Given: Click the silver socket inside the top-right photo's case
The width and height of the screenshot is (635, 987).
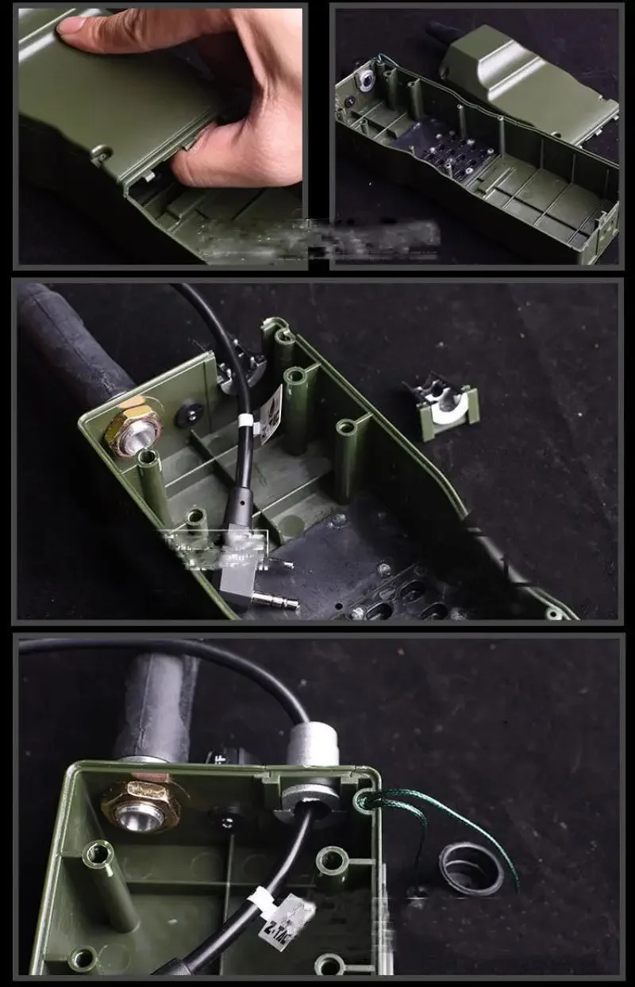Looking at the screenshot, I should pyautogui.click(x=366, y=79).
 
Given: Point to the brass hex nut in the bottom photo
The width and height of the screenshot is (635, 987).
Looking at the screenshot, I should pyautogui.click(x=141, y=804).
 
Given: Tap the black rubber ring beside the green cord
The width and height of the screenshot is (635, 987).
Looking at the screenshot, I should pyautogui.click(x=471, y=869).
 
